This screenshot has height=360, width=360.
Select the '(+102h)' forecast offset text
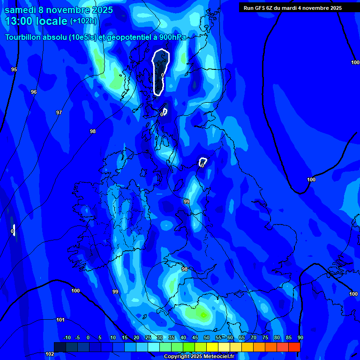pyautogui.click(x=83, y=21)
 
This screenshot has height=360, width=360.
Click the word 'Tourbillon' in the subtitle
pyautogui.click(x=25, y=37)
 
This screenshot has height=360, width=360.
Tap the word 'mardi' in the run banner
pyautogui.click(x=294, y=8)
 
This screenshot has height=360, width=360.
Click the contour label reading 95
pyautogui.click(x=14, y=69)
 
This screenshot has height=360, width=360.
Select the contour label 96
pyautogui.click(x=34, y=92)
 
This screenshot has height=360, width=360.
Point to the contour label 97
pyautogui.click(x=59, y=112)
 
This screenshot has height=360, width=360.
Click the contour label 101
pyautogui.click(x=60, y=320)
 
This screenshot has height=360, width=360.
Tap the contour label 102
pyautogui.click(x=50, y=354)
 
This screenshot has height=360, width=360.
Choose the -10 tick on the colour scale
pyautogui.click(x=67, y=337)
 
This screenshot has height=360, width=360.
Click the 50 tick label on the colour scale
pyautogui.click(x=207, y=337)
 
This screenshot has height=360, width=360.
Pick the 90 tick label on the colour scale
pyautogui.click(x=300, y=337)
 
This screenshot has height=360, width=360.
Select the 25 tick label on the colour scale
pyautogui.click(x=148, y=337)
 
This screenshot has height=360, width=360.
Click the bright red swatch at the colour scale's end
pyautogui.click(x=294, y=347)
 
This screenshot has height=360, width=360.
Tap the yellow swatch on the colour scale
pyautogui.click(x=212, y=347)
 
